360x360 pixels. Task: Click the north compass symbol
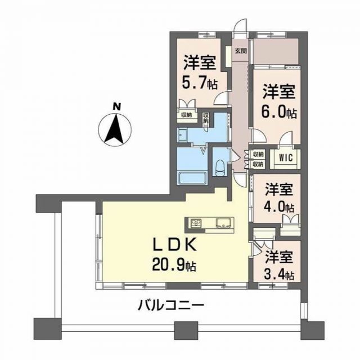pos(116,129)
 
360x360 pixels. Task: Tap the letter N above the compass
pos(116,106)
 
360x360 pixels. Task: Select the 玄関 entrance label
pos(240,51)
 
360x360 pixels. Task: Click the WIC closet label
pos(285,158)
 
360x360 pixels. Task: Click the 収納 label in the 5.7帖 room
pos(185,115)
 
